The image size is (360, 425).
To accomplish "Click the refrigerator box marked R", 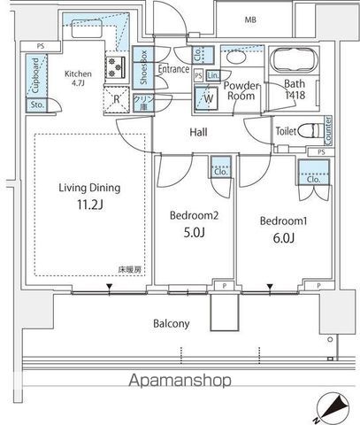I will (117, 99).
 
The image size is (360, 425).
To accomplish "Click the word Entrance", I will (174, 69).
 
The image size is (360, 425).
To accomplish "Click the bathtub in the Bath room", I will (294, 63).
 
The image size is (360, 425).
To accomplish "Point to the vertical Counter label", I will (327, 130).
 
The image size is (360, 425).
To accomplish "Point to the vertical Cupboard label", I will (34, 76).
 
